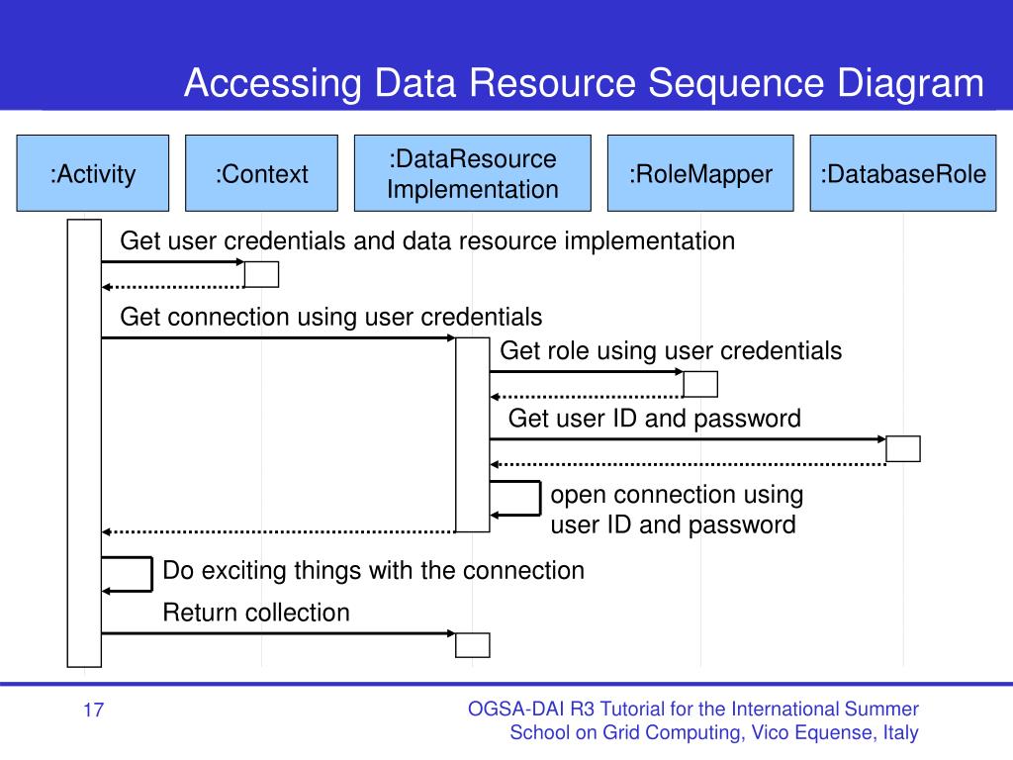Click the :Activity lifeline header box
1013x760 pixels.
[92, 173]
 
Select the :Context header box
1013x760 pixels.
[261, 173]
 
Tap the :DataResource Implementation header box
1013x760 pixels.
[472, 173]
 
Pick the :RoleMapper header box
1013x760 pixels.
[700, 173]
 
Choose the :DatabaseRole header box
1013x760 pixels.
[903, 173]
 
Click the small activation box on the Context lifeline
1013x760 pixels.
[261, 274]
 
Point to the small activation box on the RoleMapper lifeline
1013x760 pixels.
[700, 384]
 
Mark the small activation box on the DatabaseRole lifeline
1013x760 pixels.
[903, 448]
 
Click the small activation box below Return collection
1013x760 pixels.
[472, 645]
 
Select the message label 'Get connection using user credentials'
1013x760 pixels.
[330, 318]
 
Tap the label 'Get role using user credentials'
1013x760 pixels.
[671, 351]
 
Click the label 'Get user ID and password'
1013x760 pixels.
[655, 419]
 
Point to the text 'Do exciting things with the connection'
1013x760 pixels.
[373, 571]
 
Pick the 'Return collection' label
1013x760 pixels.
[256, 613]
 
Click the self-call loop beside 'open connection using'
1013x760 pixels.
[540, 499]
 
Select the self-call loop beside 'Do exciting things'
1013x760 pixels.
[151, 574]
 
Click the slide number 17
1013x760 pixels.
[93, 711]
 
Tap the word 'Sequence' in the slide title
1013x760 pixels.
[736, 83]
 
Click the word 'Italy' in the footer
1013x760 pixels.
[900, 733]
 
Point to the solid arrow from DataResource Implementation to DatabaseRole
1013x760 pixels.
[688, 439]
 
